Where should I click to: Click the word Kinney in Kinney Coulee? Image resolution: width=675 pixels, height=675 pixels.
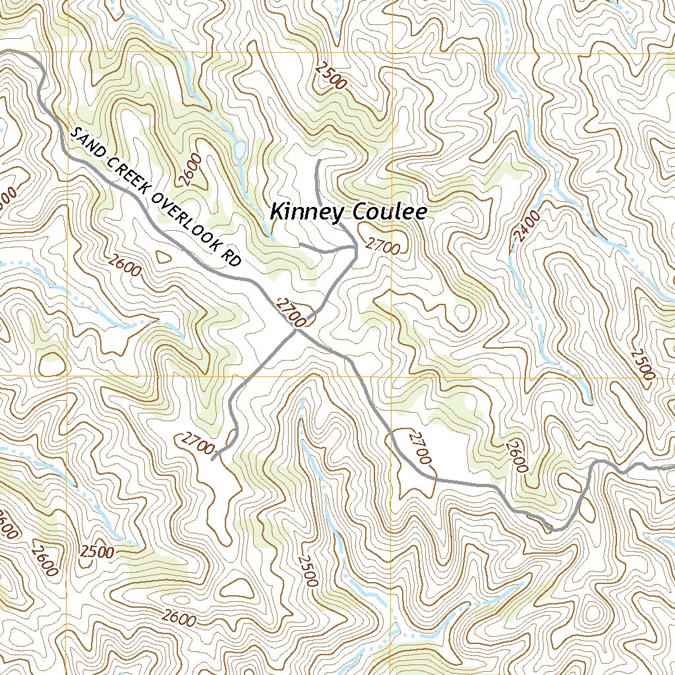(x=307, y=212)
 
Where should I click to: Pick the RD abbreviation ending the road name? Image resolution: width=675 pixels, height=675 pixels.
(x=231, y=258)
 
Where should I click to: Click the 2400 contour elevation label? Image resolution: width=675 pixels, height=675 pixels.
(x=526, y=225)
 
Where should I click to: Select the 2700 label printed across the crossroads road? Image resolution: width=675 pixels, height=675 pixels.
(x=291, y=312)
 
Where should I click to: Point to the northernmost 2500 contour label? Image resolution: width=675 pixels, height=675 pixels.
(x=331, y=74)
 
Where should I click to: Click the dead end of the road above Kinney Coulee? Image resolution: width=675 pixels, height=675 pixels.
(x=318, y=160)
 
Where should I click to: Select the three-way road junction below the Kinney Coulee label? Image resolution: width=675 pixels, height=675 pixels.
(x=355, y=249)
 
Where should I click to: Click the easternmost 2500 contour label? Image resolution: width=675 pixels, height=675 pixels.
(x=641, y=364)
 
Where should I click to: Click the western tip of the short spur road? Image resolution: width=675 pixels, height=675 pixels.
(x=301, y=244)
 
